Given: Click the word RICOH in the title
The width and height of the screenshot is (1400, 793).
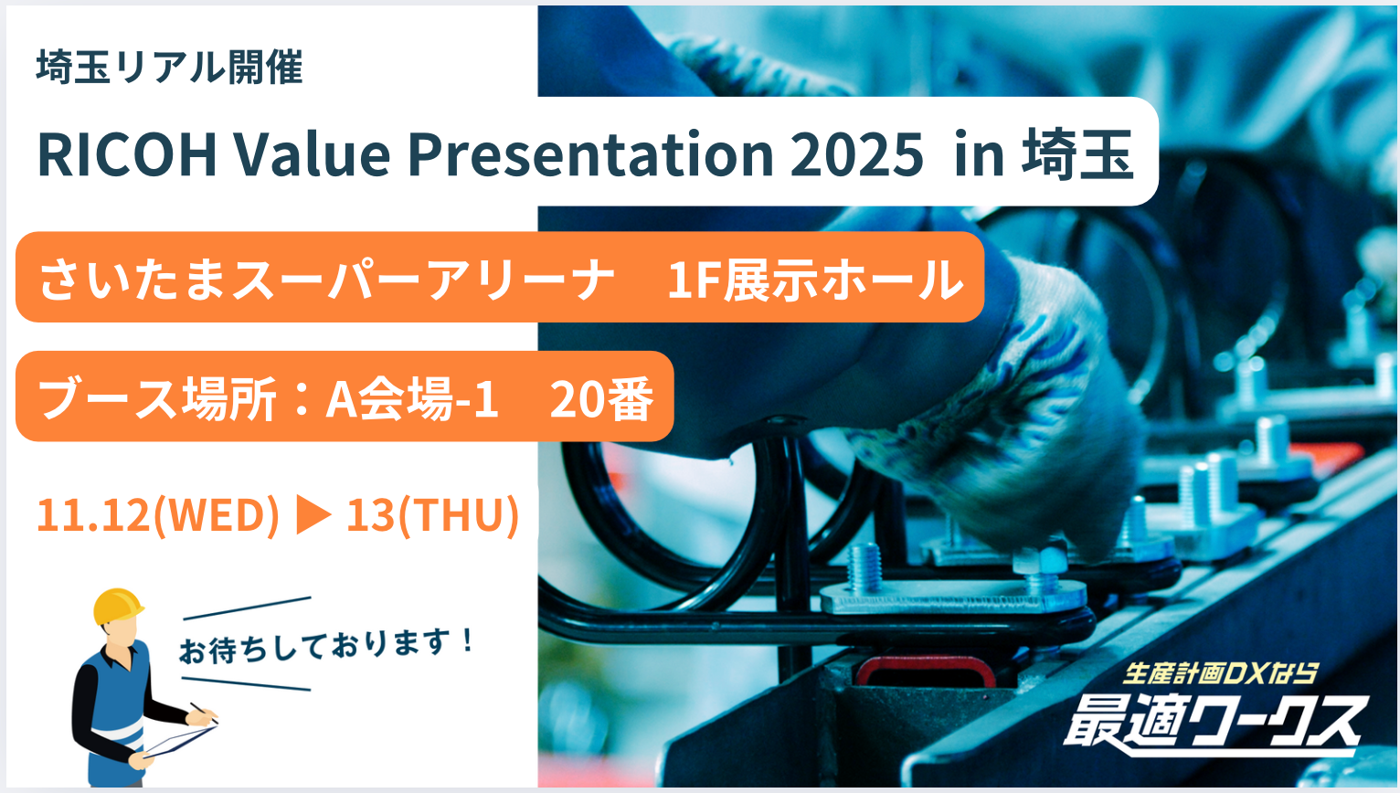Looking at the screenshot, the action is pos(127,154).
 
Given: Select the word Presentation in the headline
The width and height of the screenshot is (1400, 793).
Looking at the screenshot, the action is pos(590,154).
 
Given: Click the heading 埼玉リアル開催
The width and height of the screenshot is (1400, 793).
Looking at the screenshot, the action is pos(169,67).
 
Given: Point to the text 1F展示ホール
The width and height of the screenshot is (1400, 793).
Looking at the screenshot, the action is pos(815,280).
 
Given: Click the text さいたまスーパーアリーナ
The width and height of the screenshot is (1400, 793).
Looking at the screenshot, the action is pos(327,280).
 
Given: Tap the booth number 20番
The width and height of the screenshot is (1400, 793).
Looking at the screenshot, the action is pos(601,398).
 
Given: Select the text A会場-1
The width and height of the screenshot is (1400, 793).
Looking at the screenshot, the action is pos(412,398).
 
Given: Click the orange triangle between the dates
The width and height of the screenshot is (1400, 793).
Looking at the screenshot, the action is pos(313,515).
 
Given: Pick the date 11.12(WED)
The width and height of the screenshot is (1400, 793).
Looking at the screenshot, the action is pos(158,515).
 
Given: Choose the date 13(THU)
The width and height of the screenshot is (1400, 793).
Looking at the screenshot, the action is pos(432,515).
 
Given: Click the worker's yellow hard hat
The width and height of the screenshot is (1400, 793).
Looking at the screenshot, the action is pos(118,606).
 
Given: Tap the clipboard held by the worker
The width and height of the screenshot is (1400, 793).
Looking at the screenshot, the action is pos(180,741).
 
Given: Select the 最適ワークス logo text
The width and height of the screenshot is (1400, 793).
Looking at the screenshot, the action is pos(1213,724).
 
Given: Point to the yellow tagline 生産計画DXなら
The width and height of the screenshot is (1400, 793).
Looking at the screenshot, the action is pos(1219,673).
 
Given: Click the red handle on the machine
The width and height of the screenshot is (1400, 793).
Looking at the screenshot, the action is pos(925,671).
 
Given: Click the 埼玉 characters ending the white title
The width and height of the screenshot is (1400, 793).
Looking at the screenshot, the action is pos(1077,154).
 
